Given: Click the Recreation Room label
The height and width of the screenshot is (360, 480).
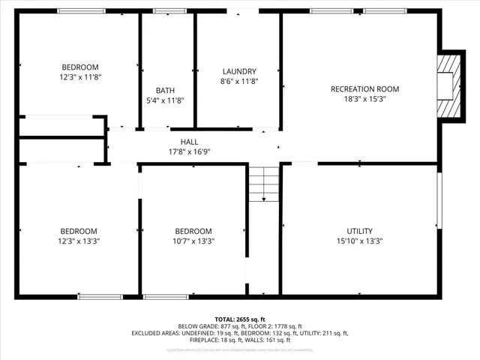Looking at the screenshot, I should click(x=364, y=89).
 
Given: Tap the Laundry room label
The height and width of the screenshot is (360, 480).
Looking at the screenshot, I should click(x=239, y=71).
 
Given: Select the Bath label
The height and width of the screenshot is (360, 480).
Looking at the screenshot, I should click(x=165, y=91).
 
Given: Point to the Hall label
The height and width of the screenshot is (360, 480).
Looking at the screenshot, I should click(x=189, y=142).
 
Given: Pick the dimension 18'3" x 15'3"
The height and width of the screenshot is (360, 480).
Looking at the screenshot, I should click(x=364, y=99).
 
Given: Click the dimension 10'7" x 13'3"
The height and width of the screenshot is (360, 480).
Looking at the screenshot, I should click(x=193, y=241).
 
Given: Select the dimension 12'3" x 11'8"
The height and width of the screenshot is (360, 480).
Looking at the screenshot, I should click(x=79, y=76).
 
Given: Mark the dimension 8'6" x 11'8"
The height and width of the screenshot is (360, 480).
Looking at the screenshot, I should click(x=239, y=81).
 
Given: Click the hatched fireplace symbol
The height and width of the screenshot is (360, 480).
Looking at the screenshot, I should click(x=449, y=86).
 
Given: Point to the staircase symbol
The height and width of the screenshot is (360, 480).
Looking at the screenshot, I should click(x=263, y=184).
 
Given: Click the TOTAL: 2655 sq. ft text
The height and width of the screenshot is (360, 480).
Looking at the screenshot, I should click(x=239, y=319).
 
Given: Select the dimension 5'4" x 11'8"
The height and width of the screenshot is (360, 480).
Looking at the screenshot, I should click(x=165, y=100).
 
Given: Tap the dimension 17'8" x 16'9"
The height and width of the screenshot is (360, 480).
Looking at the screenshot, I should click(x=189, y=151).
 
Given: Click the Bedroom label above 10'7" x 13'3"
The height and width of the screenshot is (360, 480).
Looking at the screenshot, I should click(x=193, y=231).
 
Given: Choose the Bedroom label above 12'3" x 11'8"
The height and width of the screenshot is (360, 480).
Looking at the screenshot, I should click(x=79, y=67).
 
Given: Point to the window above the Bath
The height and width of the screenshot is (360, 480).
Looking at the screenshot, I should click(x=165, y=11).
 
